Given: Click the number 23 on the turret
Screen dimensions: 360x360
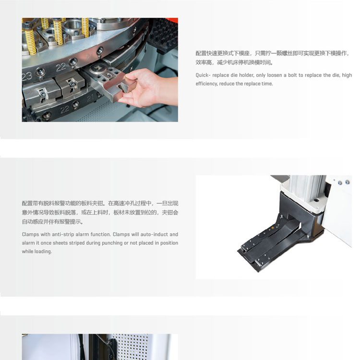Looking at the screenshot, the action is click(26, 76).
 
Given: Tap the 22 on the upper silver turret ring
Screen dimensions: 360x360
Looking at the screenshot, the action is click(60, 67).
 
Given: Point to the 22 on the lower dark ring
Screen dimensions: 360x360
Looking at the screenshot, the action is click(64, 109).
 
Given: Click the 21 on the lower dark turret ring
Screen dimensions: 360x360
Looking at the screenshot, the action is click(90, 98).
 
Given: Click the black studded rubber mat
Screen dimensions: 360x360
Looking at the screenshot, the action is click(164, 35).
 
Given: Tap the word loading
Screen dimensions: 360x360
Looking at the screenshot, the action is click(43, 252).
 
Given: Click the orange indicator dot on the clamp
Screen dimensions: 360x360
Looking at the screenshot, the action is click(273, 228).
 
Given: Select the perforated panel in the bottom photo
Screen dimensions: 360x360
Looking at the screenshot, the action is click(132, 347).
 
